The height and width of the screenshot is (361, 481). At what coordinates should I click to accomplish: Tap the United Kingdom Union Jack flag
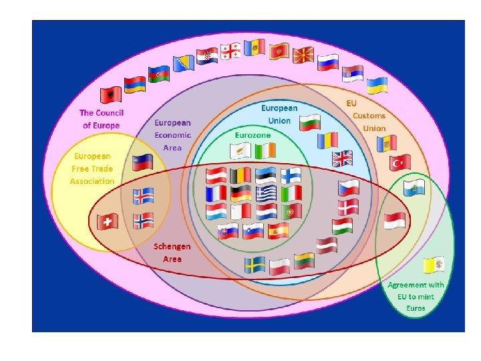coord(343,158)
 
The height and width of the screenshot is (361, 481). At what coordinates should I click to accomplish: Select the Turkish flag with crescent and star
coord(400,162)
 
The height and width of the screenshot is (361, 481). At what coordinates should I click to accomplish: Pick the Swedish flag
coord(255,265)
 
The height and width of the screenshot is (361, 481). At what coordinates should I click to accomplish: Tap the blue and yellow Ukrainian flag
coord(378,85)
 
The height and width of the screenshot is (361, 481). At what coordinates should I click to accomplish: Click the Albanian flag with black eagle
coord(110,93)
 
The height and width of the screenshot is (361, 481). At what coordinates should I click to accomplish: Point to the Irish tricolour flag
coord(264,152)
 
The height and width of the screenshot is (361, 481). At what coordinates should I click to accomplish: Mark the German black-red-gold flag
coord(241,194)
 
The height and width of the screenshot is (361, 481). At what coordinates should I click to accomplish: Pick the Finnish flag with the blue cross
coord(291,176)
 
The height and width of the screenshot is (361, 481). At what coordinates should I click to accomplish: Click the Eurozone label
coord(253,134)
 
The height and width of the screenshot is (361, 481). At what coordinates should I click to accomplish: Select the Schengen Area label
coord(172,252)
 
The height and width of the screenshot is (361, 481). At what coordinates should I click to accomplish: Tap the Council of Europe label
coord(102,119)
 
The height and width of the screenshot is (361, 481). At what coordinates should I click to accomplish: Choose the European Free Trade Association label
coord(94,168)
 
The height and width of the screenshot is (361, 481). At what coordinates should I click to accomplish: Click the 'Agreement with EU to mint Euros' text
coord(416,296)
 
